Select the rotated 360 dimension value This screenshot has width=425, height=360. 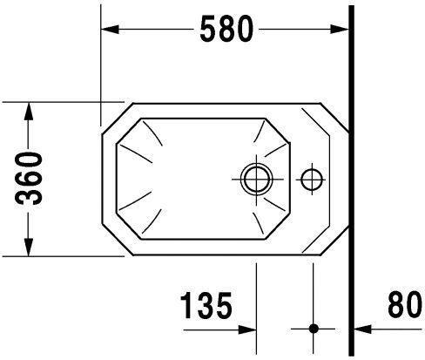point(30,179)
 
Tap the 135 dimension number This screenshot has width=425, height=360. point(206,306)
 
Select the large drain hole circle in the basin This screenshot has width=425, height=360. point(256,179)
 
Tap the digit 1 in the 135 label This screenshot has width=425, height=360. point(186,306)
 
